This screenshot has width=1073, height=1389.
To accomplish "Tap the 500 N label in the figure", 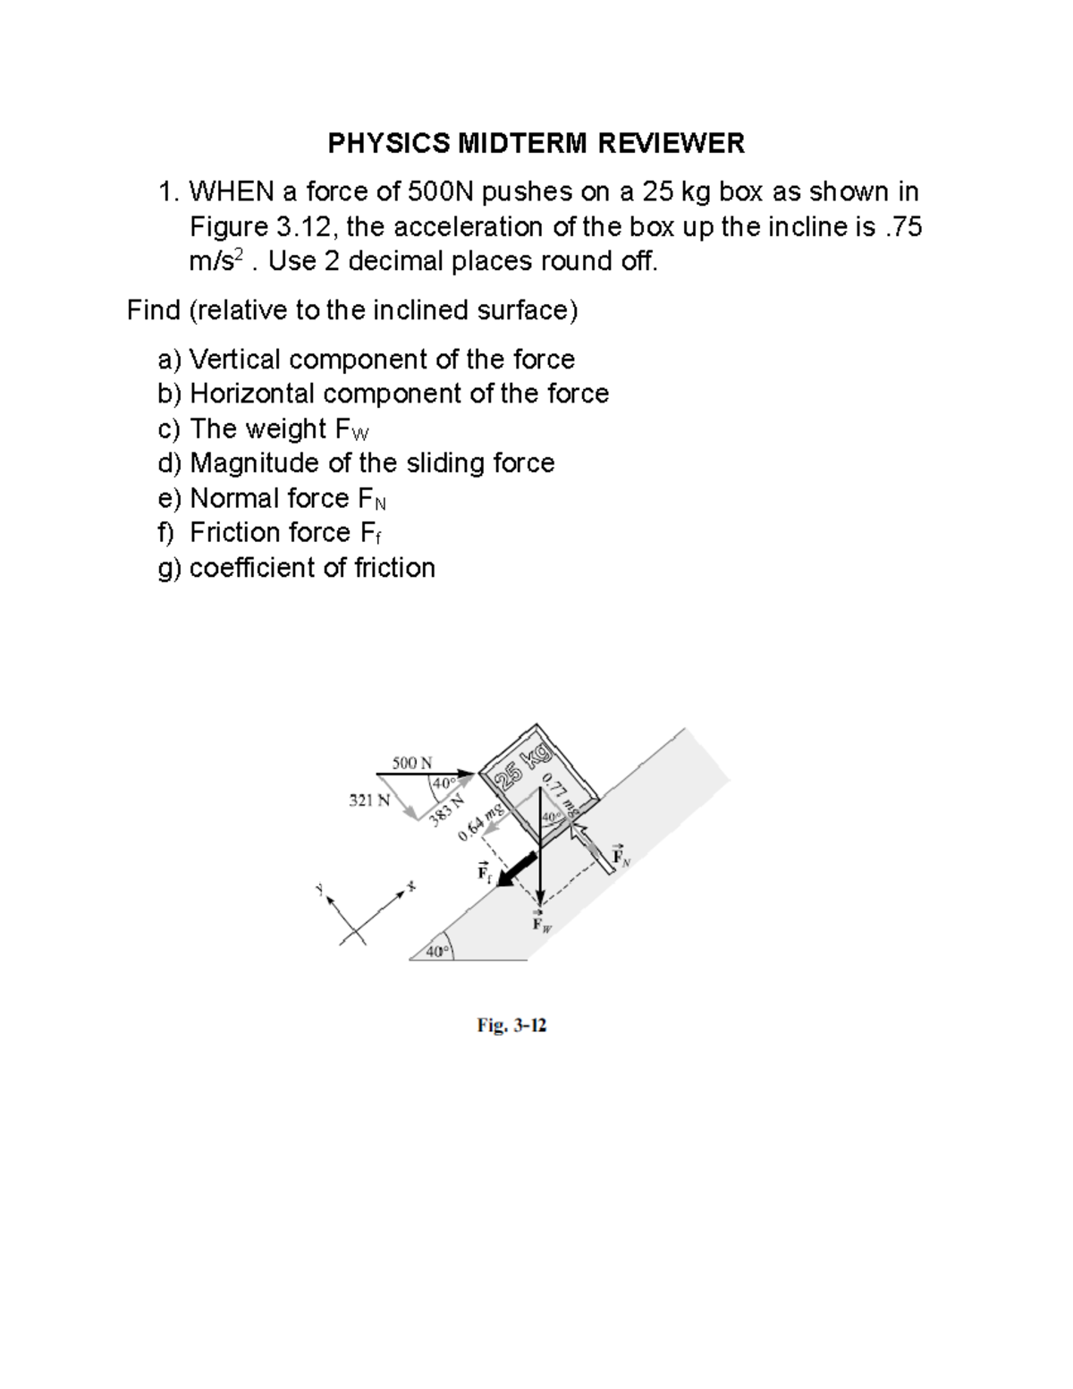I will [x=412, y=763].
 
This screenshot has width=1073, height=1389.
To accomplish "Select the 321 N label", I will [x=368, y=800].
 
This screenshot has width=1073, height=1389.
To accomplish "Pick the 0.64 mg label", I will [x=482, y=823].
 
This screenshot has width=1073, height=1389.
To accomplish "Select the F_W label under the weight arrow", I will [x=541, y=922].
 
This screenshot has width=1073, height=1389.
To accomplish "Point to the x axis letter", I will [x=411, y=885].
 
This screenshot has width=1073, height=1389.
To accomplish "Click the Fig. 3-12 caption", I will [x=511, y=1026].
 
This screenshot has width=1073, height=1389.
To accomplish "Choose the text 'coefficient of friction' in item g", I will [x=312, y=568].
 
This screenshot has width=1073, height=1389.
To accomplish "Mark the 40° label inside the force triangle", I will [x=443, y=784].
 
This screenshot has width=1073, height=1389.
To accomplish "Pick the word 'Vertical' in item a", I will [x=235, y=360].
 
